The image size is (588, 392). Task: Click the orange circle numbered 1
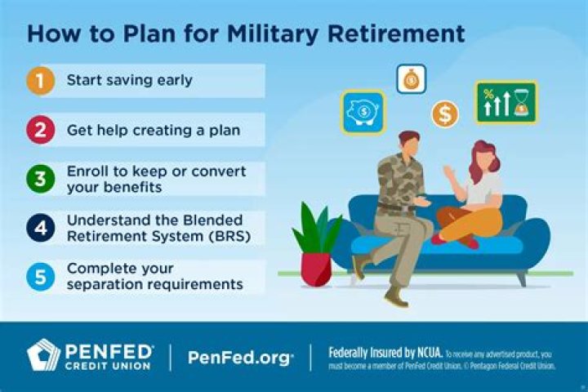(38, 81)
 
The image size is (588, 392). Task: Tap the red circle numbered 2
(38, 130)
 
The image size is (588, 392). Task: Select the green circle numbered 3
(38, 179)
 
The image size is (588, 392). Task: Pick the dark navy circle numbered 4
(38, 228)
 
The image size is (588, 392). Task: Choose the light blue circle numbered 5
(38, 277)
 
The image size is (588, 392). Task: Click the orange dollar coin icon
(445, 114)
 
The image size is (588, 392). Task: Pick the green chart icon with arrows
(506, 103)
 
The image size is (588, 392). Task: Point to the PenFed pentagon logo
(44, 355)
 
